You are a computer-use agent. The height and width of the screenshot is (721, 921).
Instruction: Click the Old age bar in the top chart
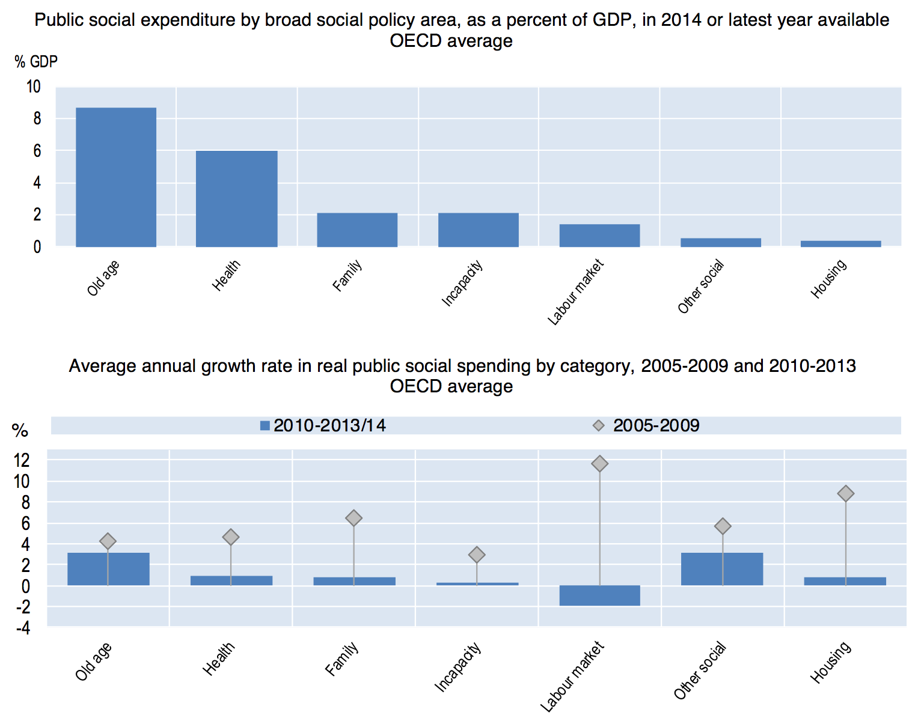point(116,177)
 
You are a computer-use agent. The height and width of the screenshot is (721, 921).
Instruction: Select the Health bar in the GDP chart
point(236,198)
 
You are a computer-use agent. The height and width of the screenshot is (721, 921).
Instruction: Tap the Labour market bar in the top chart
point(599,235)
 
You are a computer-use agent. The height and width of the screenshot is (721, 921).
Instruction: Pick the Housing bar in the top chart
point(840,243)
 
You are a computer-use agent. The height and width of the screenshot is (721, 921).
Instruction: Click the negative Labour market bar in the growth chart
point(599,595)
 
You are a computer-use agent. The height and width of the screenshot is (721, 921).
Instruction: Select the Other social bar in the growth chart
point(722,569)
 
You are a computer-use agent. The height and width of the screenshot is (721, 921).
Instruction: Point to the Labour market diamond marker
point(599,464)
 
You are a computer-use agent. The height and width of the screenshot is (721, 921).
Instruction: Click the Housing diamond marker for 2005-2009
point(846,493)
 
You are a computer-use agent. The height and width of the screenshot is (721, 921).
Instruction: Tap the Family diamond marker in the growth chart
point(353,518)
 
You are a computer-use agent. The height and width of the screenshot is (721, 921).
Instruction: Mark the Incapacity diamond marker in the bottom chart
point(477,555)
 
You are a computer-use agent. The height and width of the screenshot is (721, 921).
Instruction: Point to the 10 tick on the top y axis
point(34,87)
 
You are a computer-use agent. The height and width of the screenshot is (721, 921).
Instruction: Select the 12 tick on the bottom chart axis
point(22,461)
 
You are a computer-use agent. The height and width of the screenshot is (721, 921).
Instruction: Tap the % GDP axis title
point(36,61)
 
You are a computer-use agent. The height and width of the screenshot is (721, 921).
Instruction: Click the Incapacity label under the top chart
point(462,284)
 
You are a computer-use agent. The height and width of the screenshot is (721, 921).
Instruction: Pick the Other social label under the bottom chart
point(700,671)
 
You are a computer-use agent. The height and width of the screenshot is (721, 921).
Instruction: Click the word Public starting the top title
point(57,20)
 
